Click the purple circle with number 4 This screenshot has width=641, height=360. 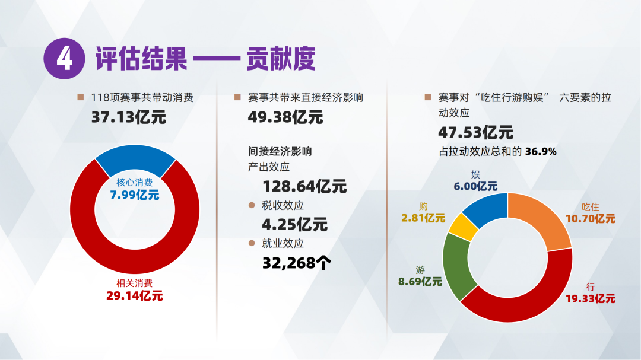[64, 59]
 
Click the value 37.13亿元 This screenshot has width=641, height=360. [128, 117]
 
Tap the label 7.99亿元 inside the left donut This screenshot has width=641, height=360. [135, 195]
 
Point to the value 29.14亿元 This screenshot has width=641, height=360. [135, 295]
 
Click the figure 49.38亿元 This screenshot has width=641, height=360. [285, 117]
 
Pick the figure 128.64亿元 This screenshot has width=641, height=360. [304, 186]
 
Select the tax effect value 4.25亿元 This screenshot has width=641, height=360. [294, 224]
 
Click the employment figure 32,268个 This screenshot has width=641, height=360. [296, 262]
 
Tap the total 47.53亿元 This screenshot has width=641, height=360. [475, 132]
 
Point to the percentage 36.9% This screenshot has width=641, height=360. [540, 151]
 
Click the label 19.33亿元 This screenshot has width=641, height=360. [590, 299]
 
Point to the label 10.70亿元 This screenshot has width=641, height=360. [591, 218]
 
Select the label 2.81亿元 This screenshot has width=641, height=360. [423, 218]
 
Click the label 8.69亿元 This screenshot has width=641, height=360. [420, 282]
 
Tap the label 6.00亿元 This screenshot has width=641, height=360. [475, 186]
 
